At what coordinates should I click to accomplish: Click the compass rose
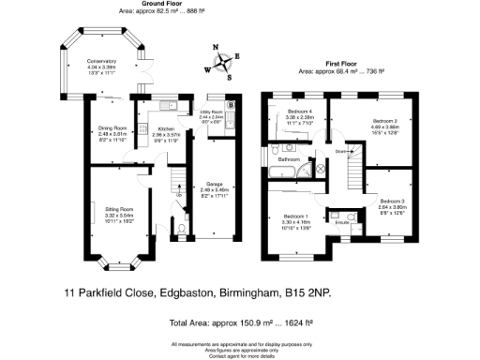pyautogui.click(x=224, y=63)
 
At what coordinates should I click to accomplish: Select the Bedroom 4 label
pyautogui.click(x=299, y=113)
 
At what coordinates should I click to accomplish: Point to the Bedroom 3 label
pyautogui.click(x=392, y=202)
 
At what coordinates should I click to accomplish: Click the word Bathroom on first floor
pyautogui.click(x=291, y=160)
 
